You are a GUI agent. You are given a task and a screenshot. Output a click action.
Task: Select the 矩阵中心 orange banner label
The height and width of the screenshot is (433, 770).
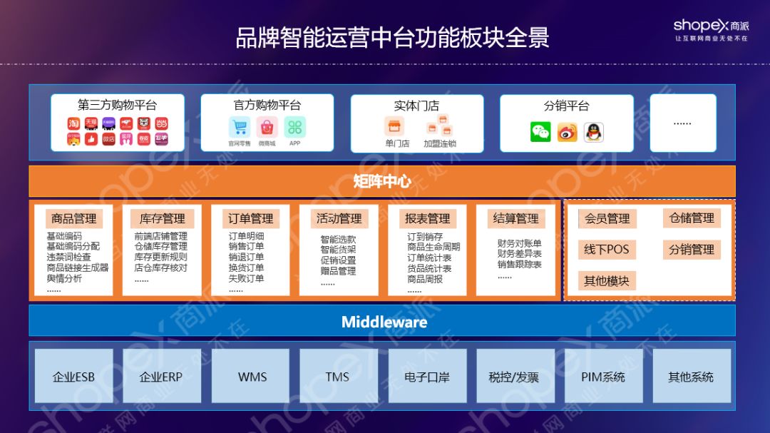coord(382,181)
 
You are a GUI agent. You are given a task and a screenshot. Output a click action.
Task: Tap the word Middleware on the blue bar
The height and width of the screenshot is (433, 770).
coord(384,322)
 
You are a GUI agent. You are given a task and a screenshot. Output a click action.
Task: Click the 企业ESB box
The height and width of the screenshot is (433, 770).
coord(73,377)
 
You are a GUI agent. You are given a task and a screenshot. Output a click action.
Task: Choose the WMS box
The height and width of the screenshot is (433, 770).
coord(252,377)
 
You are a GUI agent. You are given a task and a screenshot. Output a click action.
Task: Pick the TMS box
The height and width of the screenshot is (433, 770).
coord(337,377)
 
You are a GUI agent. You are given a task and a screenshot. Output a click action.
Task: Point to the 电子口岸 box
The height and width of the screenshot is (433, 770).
coord(426,377)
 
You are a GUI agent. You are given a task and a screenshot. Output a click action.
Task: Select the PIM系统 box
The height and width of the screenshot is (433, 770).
coord(603,377)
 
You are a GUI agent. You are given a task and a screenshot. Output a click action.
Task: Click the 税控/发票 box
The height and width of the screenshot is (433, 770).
coord(514,377)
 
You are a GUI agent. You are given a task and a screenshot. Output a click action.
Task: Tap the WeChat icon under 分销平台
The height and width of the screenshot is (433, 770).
coord(540,132)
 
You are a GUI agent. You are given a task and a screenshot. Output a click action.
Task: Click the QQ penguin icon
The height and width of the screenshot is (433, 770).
coord(593,132)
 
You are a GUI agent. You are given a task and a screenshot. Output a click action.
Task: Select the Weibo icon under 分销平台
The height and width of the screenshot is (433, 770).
coord(567,132)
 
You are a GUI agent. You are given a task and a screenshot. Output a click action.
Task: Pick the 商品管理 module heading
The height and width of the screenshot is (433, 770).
coord(73,218)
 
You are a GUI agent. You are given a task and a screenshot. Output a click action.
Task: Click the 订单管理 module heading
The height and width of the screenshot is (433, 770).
coord(250,218)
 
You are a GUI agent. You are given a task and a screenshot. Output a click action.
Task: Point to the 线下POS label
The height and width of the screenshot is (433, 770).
coord(607,250)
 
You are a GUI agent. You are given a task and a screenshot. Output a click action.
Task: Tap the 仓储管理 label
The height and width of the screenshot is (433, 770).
coord(692,218)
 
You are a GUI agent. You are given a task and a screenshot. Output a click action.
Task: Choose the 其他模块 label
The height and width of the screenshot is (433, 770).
coord(607,280)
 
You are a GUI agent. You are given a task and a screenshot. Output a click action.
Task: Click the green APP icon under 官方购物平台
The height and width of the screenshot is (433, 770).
coord(294,127)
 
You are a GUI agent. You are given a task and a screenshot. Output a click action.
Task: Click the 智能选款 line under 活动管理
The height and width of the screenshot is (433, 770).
coord(338,240)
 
